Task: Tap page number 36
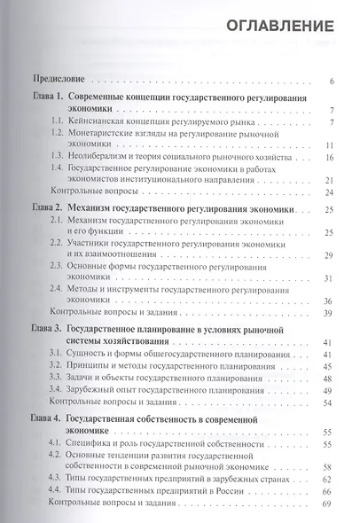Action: pyautogui.click(x=328, y=301)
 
